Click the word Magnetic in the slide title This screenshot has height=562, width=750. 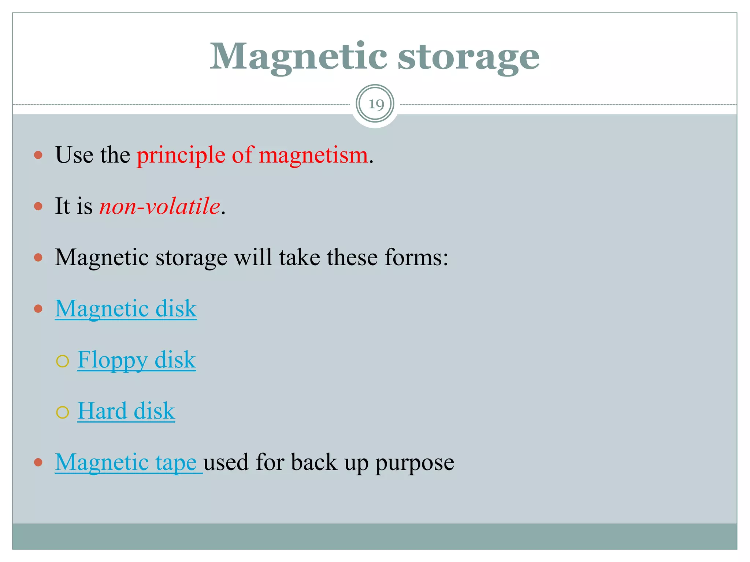tap(298, 57)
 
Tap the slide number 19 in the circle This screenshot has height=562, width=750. tap(375, 105)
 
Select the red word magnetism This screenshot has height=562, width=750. tap(313, 155)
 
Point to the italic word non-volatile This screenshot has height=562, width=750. tap(160, 206)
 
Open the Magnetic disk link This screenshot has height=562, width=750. tap(126, 308)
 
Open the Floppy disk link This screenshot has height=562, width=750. tap(136, 360)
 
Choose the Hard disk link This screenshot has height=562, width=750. tap(126, 411)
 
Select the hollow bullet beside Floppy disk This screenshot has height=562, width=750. tap(63, 361)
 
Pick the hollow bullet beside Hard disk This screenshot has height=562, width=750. tap(63, 412)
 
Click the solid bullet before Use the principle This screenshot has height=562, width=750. tap(38, 155)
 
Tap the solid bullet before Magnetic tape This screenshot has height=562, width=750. tap(38, 462)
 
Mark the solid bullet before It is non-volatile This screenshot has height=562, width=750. tap(38, 206)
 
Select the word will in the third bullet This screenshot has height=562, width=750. tap(253, 257)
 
